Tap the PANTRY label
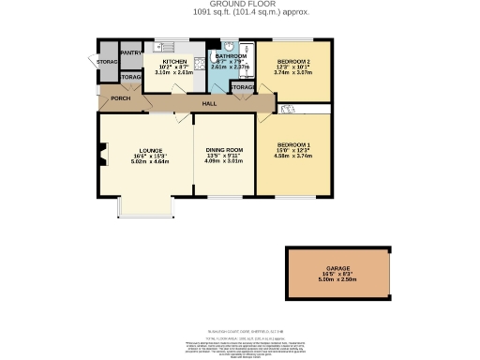pos(129,53)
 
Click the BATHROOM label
pos(230,57)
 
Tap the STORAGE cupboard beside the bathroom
pos(242,87)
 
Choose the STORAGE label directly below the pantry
pos(130,77)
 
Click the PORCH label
pos(120,97)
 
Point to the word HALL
pos(210,102)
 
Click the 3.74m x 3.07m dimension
pos(292,72)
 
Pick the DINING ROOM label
pos(224,150)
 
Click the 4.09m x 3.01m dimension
pos(224,161)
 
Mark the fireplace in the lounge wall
pos(102,154)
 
